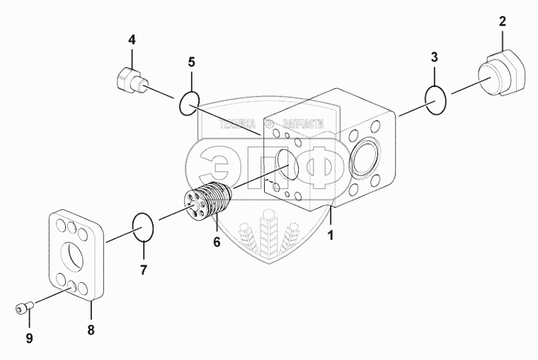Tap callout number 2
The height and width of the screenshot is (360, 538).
coord(502,22)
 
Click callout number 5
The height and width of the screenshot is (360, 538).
coord(191,62)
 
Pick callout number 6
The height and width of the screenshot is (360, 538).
coord(217,242)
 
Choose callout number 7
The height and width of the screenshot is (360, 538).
coord(143,269)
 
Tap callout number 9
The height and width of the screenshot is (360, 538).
coord(30,338)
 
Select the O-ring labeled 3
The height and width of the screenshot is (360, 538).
coord(437,100)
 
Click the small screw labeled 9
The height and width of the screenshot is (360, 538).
coord(23,308)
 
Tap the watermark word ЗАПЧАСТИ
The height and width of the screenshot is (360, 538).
coord(300,124)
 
